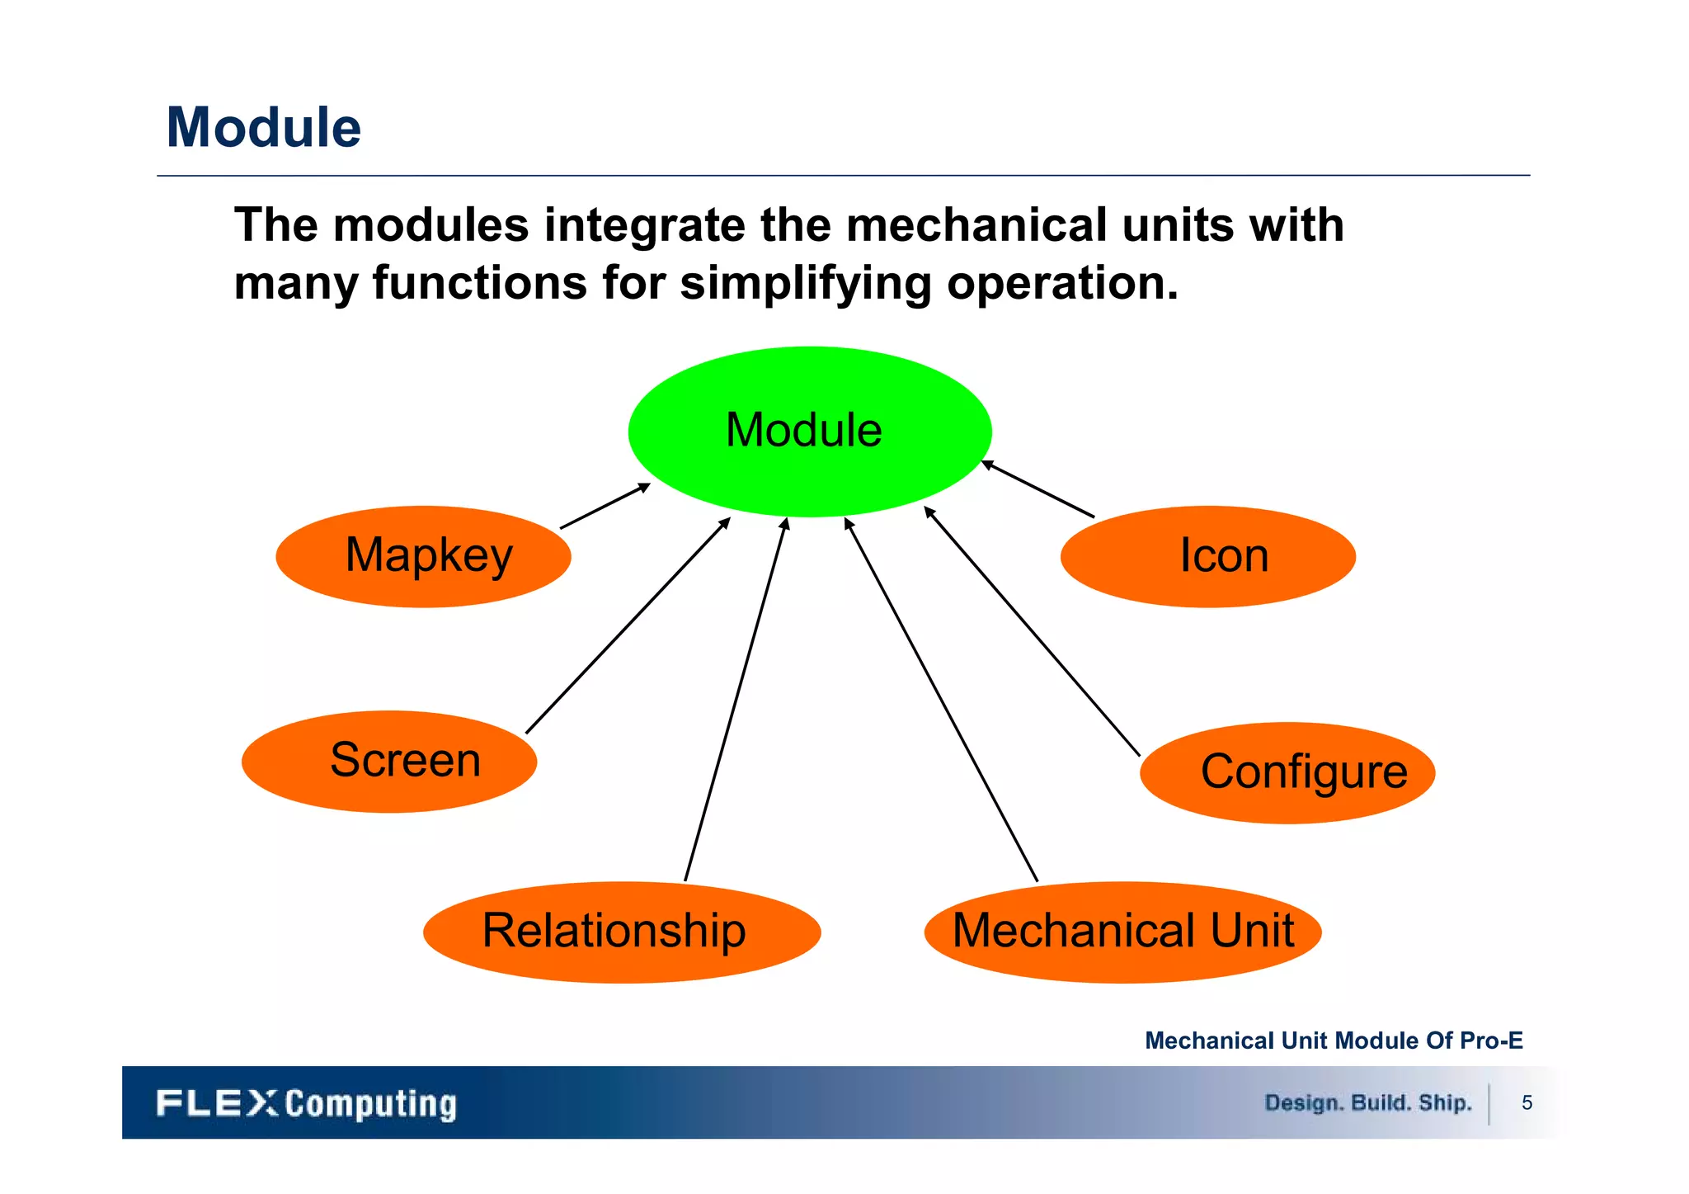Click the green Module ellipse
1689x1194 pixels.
pos(809,432)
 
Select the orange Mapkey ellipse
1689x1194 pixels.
pos(423,556)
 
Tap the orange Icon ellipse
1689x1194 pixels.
pos(1207,556)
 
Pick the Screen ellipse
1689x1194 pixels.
pos(389,761)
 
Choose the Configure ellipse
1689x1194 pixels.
pos(1287,772)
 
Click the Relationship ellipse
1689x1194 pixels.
pos(621,932)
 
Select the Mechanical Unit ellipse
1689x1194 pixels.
pos(1122,932)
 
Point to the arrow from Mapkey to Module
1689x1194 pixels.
pos(605,506)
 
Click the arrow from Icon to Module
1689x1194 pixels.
pos(1037,489)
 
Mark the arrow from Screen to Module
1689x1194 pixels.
pos(628,625)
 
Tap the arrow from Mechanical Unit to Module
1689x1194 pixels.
pos(941,700)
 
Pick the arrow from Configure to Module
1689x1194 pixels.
pos(1032,631)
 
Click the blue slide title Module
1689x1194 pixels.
pos(264,128)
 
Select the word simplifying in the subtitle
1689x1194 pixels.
pos(805,283)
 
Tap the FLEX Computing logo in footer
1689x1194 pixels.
pos(306,1103)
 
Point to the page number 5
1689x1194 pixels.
pos(1527,1103)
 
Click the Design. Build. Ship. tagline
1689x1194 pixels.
pos(1367,1103)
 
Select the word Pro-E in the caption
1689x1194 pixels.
pos(1491,1041)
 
